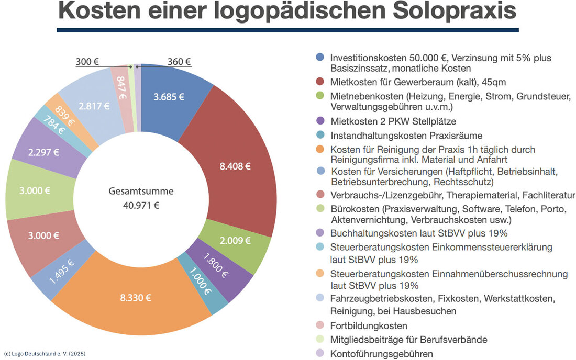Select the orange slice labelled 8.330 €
[135, 298]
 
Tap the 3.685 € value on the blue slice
[169, 96]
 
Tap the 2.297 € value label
[43, 153]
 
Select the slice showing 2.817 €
[93, 106]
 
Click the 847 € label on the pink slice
[123, 88]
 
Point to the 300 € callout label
[87, 62]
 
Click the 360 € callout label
[179, 62]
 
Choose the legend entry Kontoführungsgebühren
[382, 354]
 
